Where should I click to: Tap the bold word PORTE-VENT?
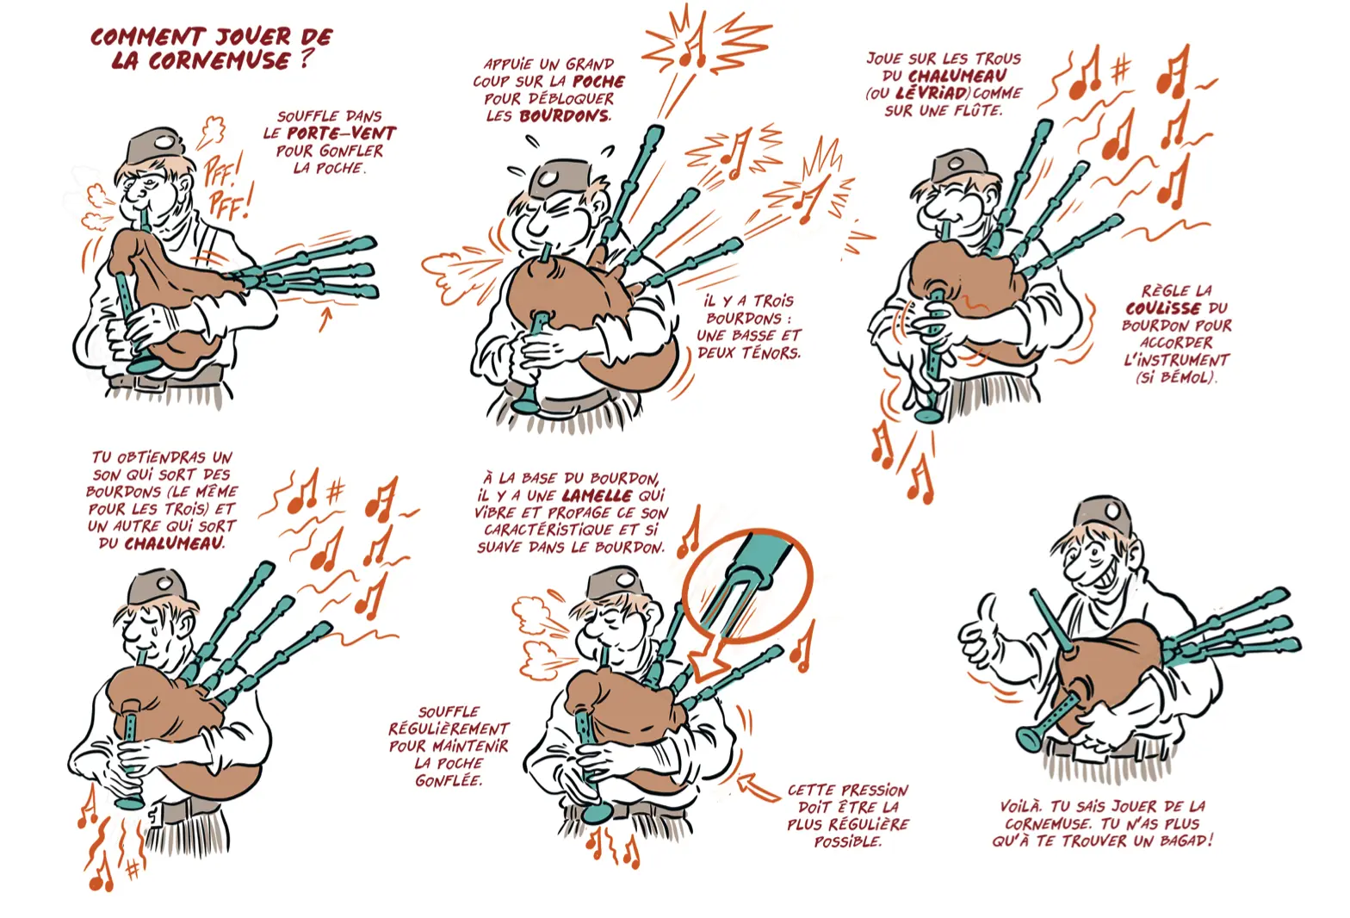[x=341, y=133]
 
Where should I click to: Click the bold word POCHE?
[x=598, y=81]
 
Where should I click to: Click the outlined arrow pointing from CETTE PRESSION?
[x=759, y=786]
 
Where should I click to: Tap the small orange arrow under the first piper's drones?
[x=325, y=319]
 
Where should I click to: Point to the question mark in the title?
[x=307, y=59]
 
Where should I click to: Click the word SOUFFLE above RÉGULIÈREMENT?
[x=449, y=712]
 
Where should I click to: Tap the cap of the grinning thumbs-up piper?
[x=1102, y=514]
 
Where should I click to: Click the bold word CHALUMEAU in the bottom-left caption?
[x=174, y=543]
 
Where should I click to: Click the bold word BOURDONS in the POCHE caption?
[x=564, y=115]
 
